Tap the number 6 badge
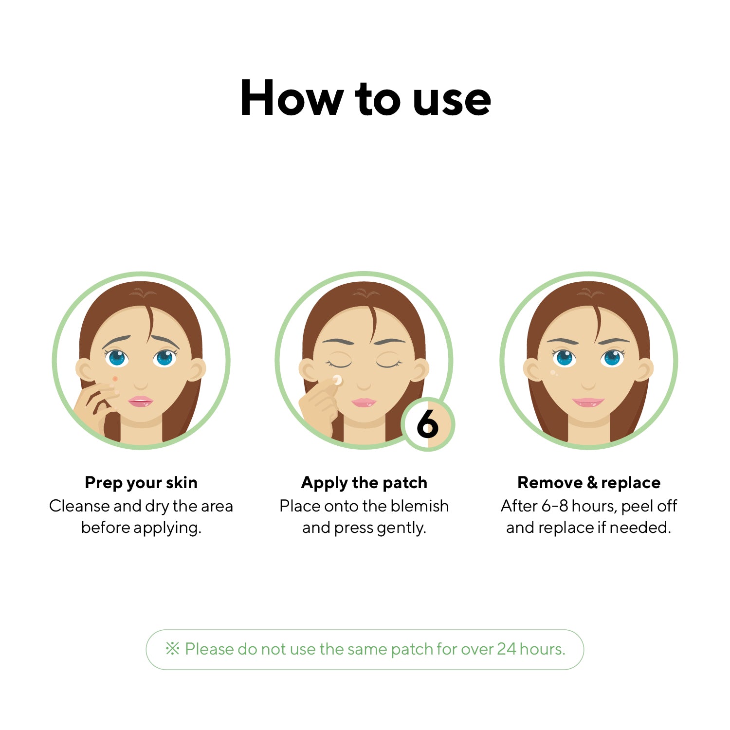coord(428,424)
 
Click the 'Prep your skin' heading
coord(141,483)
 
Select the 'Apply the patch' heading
coord(364,483)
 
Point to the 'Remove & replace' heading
coord(589,482)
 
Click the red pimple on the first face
coord(115,379)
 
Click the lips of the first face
coord(141,401)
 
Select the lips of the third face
coord(588,402)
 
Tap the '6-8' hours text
coord(555,506)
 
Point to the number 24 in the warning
coord(506,649)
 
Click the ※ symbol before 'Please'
coord(172,648)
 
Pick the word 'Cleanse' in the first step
coord(80,506)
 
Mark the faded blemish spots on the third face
coord(553,373)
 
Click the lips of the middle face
coord(364,402)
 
